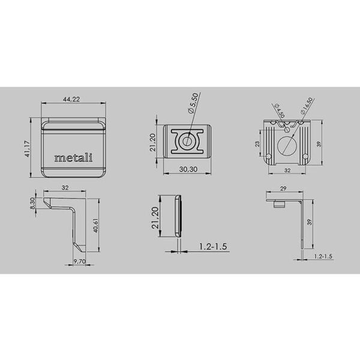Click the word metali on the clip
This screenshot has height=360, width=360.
pos(73,158)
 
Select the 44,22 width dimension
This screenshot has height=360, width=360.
pos(71,99)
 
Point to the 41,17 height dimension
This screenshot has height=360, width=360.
pos(28,149)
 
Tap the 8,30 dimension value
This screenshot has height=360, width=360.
pos(32,203)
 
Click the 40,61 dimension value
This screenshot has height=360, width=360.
pos(96,226)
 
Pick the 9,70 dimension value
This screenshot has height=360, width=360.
pos(79,261)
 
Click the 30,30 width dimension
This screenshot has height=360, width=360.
pos(188,169)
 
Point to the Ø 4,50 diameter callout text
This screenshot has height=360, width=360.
pos(280,110)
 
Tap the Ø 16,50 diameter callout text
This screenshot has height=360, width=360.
pos(307,106)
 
